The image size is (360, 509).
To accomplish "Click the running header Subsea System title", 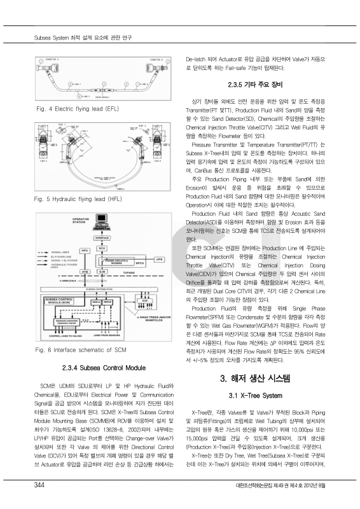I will coord(83,36).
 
